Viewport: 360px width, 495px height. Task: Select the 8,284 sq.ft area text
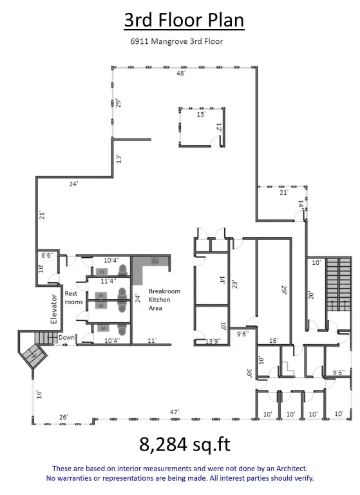pos(184,445)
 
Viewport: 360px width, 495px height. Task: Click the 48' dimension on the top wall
pos(181,73)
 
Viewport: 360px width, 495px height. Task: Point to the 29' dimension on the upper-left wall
pos(118,102)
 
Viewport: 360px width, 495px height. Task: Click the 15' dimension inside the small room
pos(200,114)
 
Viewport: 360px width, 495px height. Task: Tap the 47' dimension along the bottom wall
pos(175,412)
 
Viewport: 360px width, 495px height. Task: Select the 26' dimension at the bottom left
pos(64,417)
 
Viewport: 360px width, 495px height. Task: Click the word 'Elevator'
pos(54,308)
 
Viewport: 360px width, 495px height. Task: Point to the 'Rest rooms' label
pos(71,298)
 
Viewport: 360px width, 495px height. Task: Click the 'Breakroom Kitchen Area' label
pos(164,300)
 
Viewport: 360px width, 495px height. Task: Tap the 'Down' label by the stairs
pos(66,337)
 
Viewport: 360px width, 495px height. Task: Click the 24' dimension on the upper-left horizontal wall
pos(74,184)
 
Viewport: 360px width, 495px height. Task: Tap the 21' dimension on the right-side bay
pos(283,192)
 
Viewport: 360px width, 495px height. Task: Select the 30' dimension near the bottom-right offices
pos(249,373)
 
